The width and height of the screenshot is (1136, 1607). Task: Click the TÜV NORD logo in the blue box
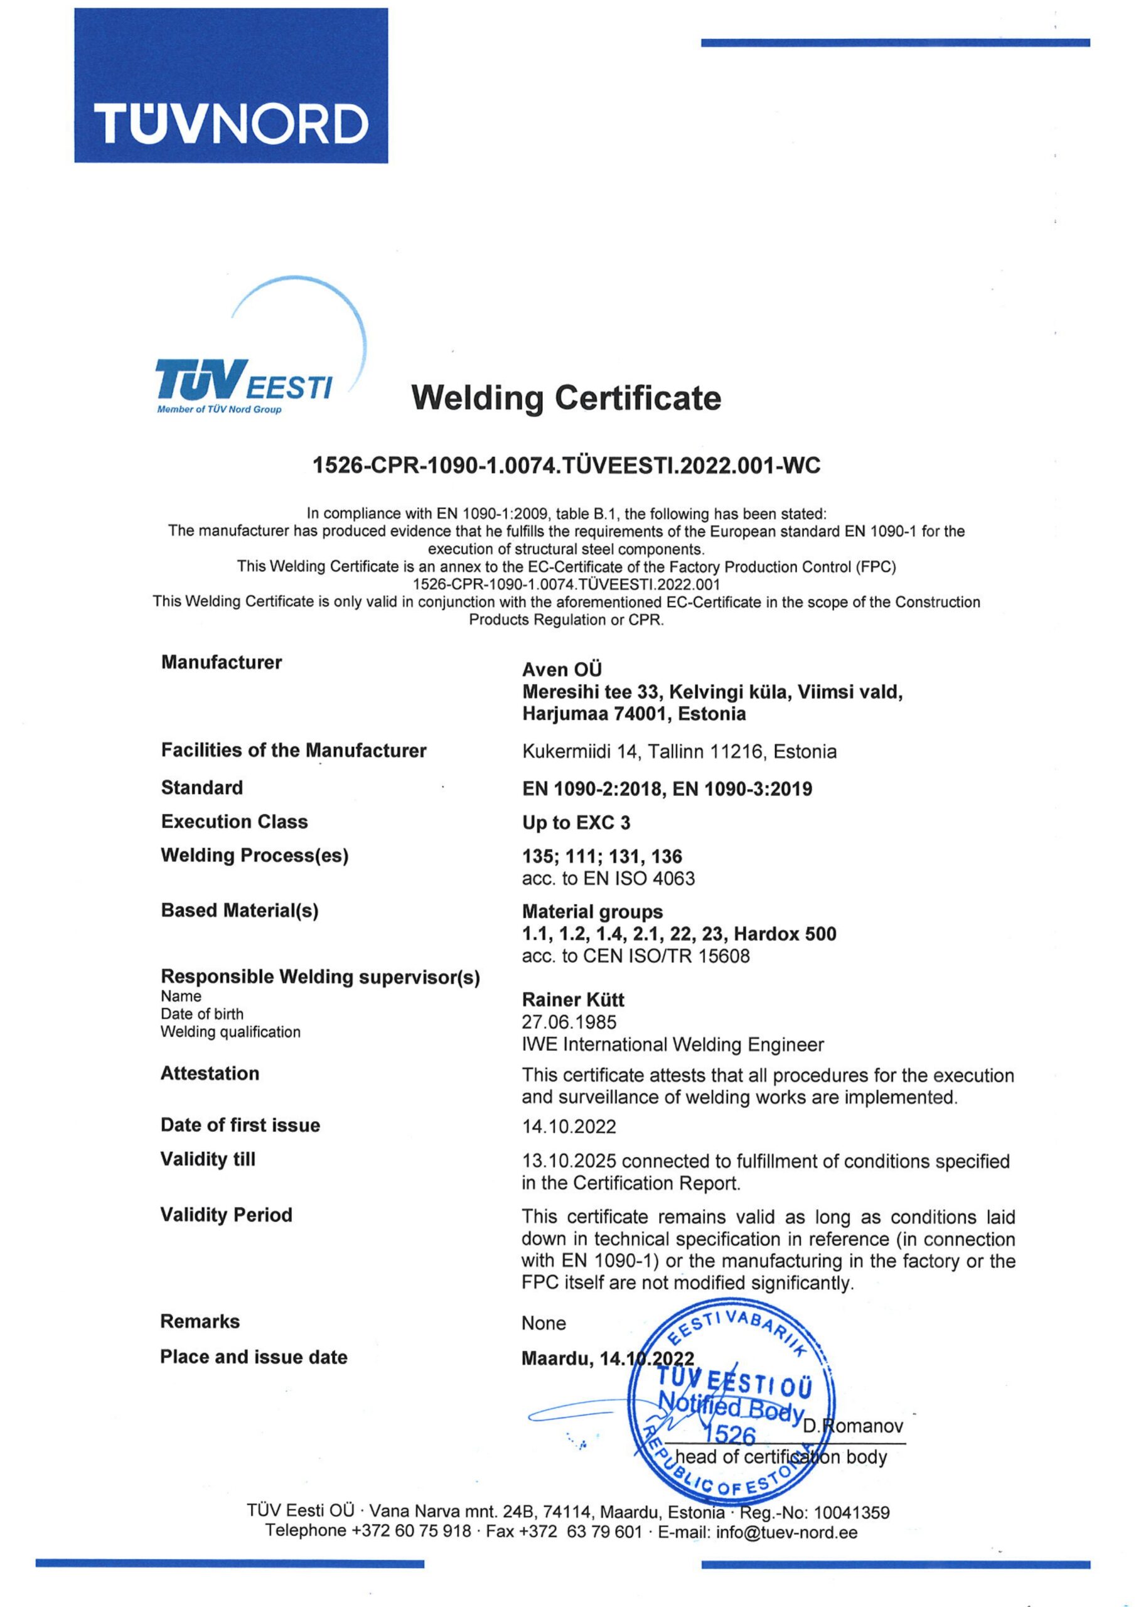click(231, 123)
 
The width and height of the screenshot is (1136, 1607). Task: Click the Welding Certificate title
click(565, 398)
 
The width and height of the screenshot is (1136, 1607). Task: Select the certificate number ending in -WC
click(565, 465)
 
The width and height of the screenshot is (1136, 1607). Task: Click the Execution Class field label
click(233, 822)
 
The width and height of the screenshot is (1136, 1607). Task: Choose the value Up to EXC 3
click(576, 823)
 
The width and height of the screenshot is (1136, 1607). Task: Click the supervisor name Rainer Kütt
click(572, 1000)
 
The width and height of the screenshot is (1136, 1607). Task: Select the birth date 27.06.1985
click(569, 1023)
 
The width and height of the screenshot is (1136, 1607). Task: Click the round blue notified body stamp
click(731, 1405)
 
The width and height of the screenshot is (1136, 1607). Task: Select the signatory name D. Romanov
click(852, 1426)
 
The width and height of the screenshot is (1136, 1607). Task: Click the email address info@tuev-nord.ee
click(786, 1532)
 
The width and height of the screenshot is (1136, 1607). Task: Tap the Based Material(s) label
click(239, 911)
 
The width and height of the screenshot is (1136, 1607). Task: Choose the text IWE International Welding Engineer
click(672, 1045)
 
